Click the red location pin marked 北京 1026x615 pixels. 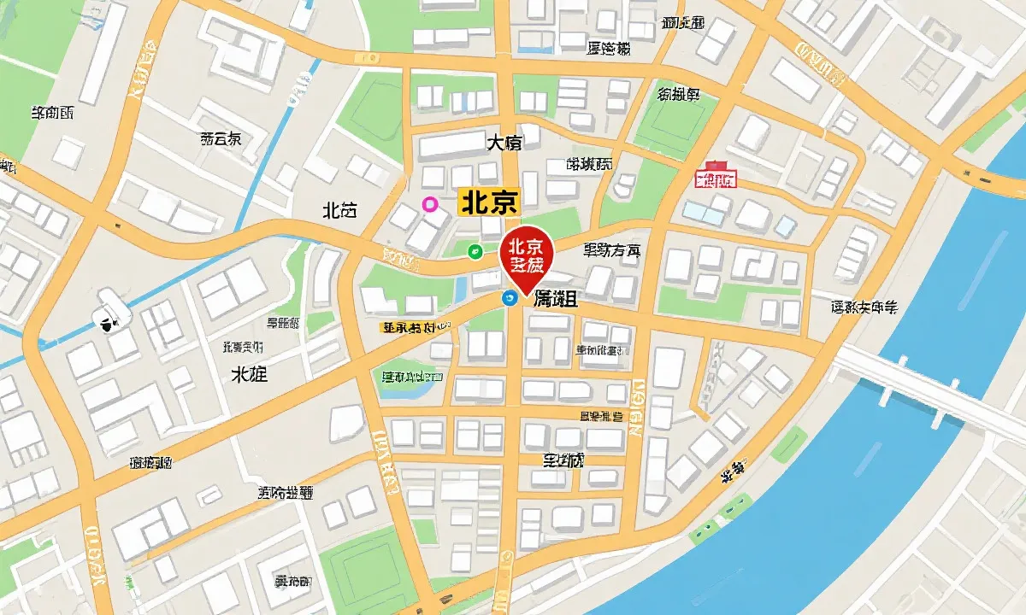(527, 255)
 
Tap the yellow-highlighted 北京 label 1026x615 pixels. (489, 202)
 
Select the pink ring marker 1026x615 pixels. (430, 203)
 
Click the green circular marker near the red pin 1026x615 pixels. (475, 250)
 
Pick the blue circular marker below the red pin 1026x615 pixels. (508, 297)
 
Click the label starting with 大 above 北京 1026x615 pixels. (504, 143)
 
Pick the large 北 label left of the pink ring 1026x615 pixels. (339, 210)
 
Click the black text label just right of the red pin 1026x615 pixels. (611, 250)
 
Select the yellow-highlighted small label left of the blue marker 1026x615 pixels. (416, 327)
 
